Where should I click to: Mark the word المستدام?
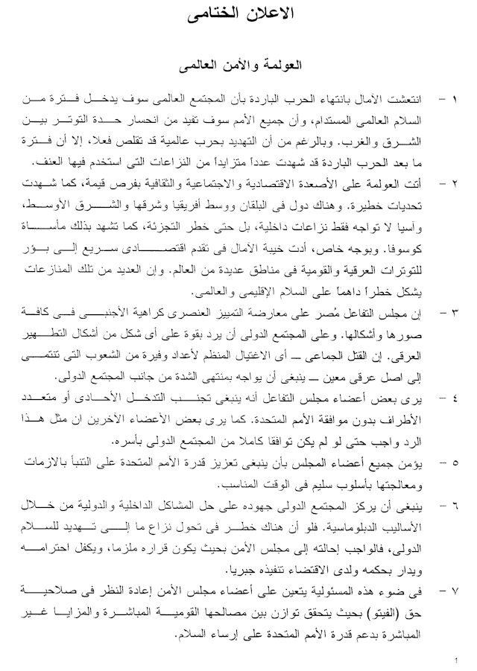[x=330, y=119]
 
